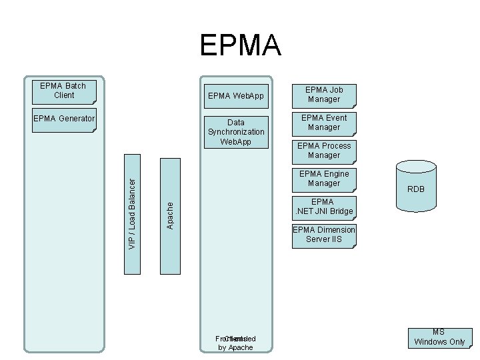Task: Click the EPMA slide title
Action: click(x=240, y=46)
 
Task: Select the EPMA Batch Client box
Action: click(x=64, y=91)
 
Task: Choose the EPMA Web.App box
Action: click(x=236, y=96)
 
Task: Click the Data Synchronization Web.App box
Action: click(x=236, y=132)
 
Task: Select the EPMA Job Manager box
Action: click(x=323, y=95)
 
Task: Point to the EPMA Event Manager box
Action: click(x=323, y=123)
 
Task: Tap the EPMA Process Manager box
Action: click(x=323, y=151)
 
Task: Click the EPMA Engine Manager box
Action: click(x=323, y=179)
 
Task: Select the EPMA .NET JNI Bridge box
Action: click(x=323, y=207)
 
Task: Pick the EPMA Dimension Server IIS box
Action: click(x=323, y=235)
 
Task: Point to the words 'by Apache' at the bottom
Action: click(x=236, y=348)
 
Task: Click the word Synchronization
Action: click(x=236, y=132)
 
